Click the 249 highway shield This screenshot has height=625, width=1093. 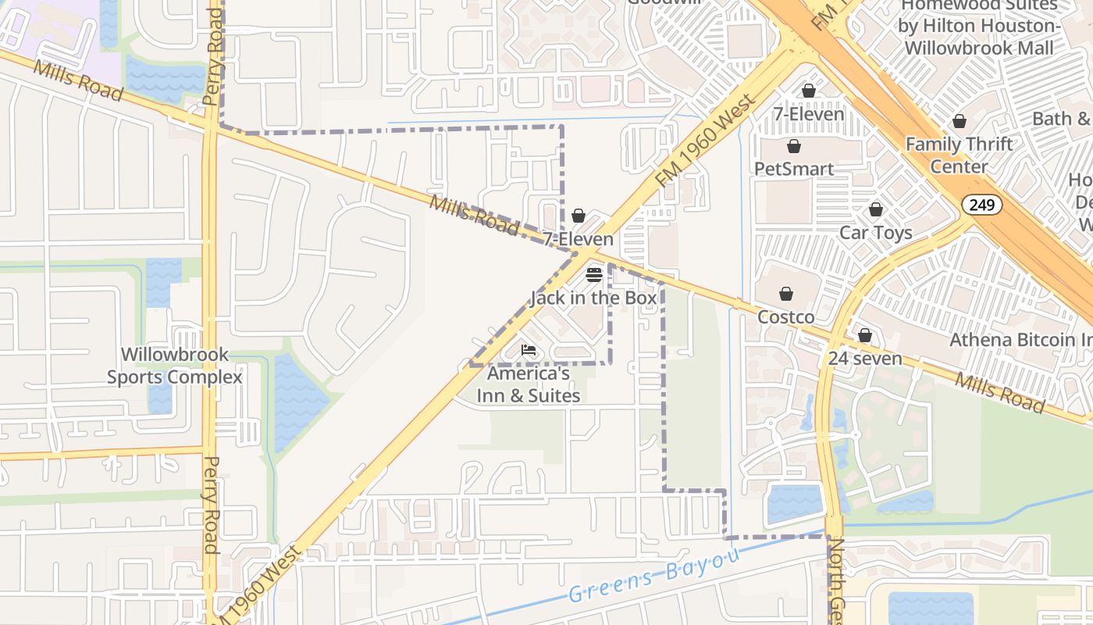pyautogui.click(x=981, y=205)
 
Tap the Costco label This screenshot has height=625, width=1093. pyautogui.click(x=786, y=317)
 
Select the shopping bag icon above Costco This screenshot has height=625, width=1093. pyautogui.click(x=786, y=295)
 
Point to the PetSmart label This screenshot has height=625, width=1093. pyautogui.click(x=794, y=169)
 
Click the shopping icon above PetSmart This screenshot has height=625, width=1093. pyautogui.click(x=794, y=147)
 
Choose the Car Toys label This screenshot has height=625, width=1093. pyautogui.click(x=875, y=233)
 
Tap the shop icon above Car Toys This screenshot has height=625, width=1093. pyautogui.click(x=876, y=210)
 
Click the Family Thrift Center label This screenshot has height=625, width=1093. pyautogui.click(x=959, y=155)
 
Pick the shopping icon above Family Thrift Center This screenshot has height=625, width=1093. pyautogui.click(x=959, y=122)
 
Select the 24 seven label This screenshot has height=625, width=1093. pyautogui.click(x=865, y=359)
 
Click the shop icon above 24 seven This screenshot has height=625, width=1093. pyautogui.click(x=865, y=336)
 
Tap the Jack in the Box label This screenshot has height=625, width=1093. pyautogui.click(x=593, y=298)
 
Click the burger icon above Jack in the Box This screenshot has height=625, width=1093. pyautogui.click(x=594, y=275)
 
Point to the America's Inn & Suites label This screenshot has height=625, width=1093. pyautogui.click(x=529, y=384)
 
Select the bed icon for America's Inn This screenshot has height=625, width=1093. pyautogui.click(x=529, y=351)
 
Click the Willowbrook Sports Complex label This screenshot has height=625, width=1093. pyautogui.click(x=175, y=366)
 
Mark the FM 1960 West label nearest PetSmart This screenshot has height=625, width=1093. pyautogui.click(x=707, y=141)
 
